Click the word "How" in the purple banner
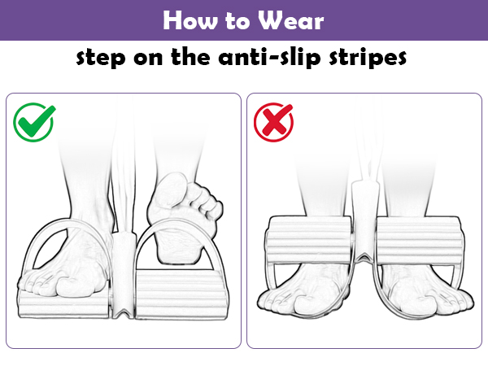click(190, 20)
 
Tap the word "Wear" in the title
click(291, 20)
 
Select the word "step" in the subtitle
click(101, 58)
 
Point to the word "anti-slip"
click(269, 57)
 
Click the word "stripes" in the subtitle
click(368, 58)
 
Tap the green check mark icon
click(34, 122)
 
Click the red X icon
click(273, 122)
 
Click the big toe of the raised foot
click(171, 190)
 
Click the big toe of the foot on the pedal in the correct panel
click(75, 286)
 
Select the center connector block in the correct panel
click(124, 274)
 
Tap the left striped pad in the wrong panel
click(309, 240)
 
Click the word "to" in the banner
click(237, 21)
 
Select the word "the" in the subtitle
click(190, 57)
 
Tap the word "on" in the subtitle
click(148, 59)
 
